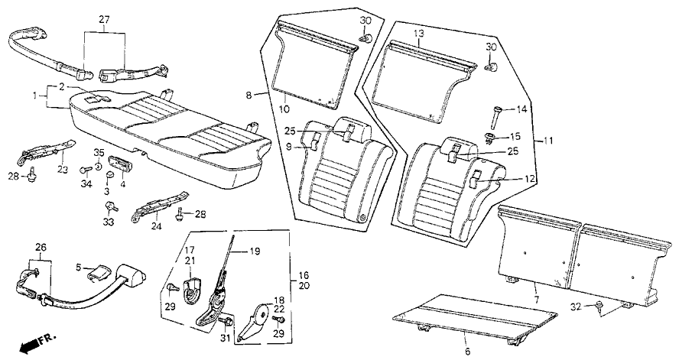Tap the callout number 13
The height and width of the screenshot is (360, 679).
(418, 34)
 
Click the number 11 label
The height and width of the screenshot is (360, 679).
(546, 141)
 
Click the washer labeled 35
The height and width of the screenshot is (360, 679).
(100, 167)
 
